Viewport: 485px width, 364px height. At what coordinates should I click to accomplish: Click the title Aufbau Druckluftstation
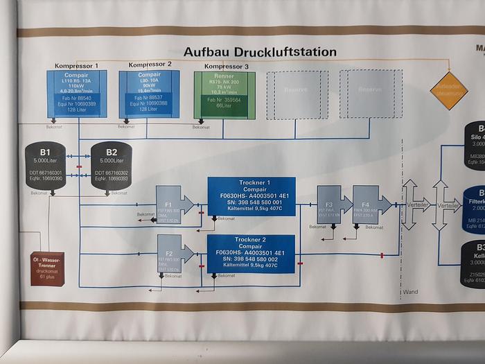click(x=260, y=52)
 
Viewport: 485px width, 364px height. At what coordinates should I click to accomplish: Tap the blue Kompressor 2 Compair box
click(x=148, y=94)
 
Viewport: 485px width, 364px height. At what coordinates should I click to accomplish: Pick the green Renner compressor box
click(x=224, y=95)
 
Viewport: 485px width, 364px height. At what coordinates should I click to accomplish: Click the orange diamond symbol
click(x=448, y=91)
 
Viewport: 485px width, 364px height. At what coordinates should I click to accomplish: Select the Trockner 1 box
click(x=251, y=196)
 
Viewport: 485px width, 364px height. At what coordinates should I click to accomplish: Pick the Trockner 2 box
click(x=251, y=254)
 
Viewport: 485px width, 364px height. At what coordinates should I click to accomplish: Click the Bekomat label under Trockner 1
click(x=227, y=218)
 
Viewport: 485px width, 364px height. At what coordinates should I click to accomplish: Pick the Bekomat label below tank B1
click(x=39, y=193)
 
